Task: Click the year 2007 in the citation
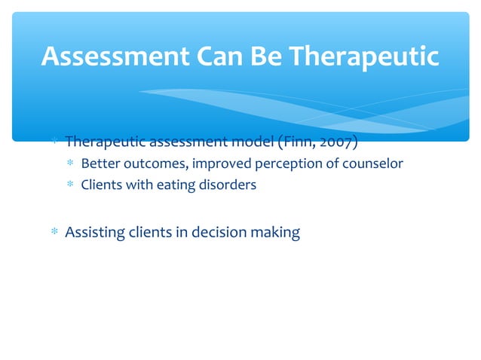pos(335,142)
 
